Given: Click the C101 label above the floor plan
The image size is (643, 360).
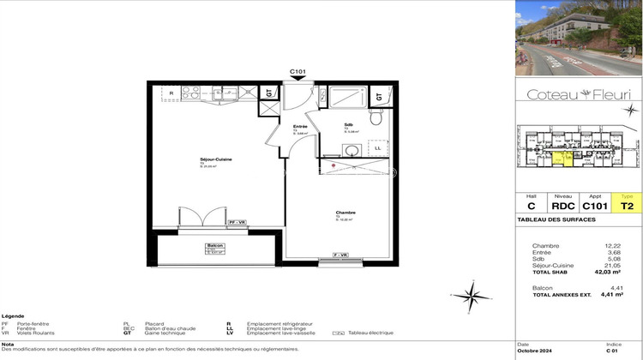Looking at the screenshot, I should tap(298, 72).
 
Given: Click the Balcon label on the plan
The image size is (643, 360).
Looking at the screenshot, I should tap(215, 246).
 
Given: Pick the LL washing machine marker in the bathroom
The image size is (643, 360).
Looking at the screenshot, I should tap(377, 147).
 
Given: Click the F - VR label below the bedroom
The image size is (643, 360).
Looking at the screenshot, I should tap(340, 255).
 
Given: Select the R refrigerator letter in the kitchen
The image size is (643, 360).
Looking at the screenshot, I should tap(171, 93).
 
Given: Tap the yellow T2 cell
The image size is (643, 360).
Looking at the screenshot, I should tap(627, 207).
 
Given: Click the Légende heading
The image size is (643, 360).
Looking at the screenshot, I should tap(13, 316).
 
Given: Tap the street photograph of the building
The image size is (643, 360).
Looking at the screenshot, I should tap(579, 38).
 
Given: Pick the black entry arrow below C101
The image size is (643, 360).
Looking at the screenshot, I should tap(298, 81).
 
